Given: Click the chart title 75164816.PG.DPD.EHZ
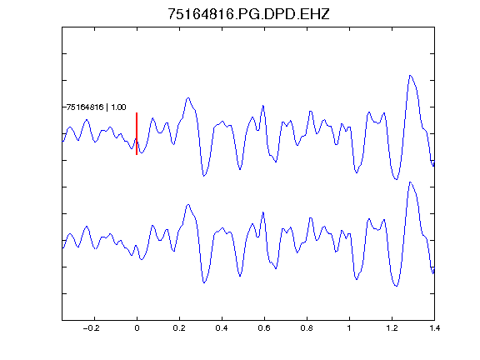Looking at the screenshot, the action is (248, 14).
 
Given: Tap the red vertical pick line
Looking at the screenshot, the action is (137, 134).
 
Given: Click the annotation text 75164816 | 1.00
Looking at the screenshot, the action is (96, 107).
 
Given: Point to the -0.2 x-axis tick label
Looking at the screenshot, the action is (92, 328).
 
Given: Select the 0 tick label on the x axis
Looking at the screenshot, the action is (137, 328).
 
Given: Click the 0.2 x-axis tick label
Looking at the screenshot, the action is (179, 328).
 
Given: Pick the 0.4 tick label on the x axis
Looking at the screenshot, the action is (222, 328).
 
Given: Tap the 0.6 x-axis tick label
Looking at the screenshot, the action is (264, 328).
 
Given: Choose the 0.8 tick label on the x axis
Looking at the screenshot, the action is (307, 328).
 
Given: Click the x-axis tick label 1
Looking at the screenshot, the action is (349, 328).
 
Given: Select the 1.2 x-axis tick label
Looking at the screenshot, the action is (392, 328).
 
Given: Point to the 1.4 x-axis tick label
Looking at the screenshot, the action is (434, 328).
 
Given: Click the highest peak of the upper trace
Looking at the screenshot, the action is (410, 75).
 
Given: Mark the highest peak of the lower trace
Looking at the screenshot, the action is (410, 182).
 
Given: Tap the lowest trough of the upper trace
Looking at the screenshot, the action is (397, 179).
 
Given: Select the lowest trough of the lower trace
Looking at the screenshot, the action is (397, 286).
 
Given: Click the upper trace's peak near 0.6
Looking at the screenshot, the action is (263, 106).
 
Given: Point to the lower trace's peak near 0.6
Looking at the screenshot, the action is (263, 212).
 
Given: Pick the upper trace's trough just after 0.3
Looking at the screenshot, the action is (203, 176).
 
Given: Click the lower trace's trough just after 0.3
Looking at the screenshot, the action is (203, 282).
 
